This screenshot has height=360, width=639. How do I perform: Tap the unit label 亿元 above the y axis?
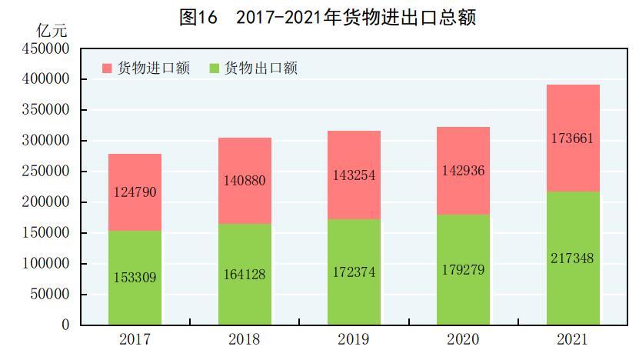(x=52, y=32)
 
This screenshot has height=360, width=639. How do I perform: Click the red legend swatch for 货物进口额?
(x=107, y=68)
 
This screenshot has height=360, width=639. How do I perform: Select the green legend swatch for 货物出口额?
(x=215, y=68)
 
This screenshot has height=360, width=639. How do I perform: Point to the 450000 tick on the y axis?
(x=47, y=48)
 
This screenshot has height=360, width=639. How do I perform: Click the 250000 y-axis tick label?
(x=47, y=172)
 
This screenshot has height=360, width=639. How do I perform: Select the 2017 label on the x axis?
(x=135, y=339)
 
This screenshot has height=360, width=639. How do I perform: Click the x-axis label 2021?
(x=573, y=339)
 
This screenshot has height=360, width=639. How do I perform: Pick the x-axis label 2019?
(x=354, y=339)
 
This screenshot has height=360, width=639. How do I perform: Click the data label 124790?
(x=135, y=192)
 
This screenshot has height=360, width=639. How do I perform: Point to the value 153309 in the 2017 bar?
(x=135, y=278)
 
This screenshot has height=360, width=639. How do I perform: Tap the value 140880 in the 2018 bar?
(x=245, y=182)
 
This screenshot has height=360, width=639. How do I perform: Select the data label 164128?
(x=245, y=275)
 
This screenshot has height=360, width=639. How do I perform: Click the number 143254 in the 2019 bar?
(x=354, y=175)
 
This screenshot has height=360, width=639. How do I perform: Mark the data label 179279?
(x=464, y=270)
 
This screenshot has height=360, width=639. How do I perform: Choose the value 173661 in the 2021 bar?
(x=573, y=139)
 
